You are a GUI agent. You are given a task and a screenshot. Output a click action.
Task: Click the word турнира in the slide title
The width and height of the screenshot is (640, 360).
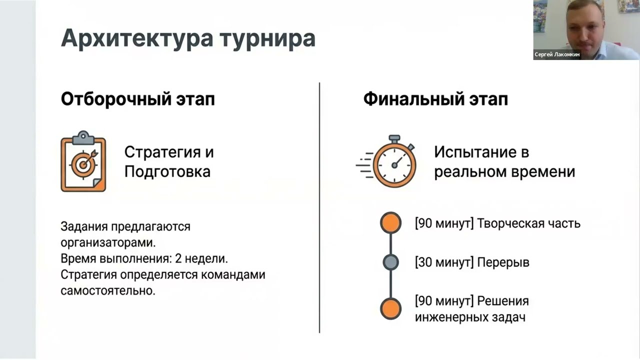pyautogui.click(x=267, y=38)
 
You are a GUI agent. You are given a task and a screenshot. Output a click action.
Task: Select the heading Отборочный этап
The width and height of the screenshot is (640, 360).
pyautogui.click(x=138, y=99)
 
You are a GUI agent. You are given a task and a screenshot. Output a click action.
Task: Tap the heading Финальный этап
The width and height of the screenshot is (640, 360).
pyautogui.click(x=435, y=99)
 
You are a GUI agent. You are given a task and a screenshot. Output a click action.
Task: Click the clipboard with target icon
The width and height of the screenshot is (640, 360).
pyautogui.click(x=83, y=161)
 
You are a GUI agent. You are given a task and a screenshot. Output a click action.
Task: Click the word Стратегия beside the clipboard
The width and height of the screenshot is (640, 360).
pyautogui.click(x=161, y=152)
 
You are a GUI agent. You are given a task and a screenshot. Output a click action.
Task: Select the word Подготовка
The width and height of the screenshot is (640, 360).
pyautogui.click(x=167, y=171)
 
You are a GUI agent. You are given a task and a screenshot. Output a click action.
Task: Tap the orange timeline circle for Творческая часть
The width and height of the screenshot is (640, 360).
pyautogui.click(x=390, y=223)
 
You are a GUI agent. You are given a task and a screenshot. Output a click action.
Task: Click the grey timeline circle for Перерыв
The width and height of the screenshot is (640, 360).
pyautogui.click(x=390, y=262)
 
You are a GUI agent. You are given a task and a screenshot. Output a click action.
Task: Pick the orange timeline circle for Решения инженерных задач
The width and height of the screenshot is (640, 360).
pyautogui.click(x=390, y=308)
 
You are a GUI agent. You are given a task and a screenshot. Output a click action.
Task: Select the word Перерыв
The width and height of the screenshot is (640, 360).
pyautogui.click(x=503, y=262)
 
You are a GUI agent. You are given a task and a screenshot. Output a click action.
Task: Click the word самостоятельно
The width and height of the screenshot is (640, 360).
pyautogui.click(x=108, y=290)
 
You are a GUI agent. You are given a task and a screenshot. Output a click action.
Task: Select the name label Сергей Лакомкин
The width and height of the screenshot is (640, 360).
pyautogui.click(x=557, y=54)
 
